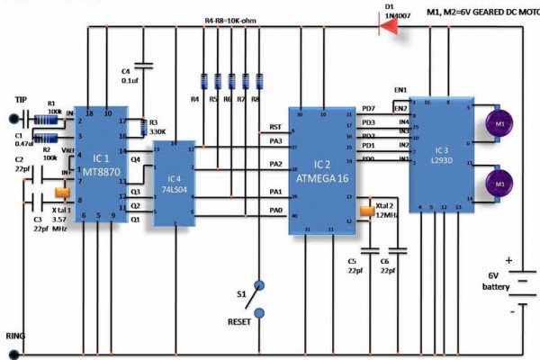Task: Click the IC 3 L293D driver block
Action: (437, 153)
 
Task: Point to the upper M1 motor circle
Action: (497, 123)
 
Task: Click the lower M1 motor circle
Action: (497, 184)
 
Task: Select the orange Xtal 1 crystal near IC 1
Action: (61, 192)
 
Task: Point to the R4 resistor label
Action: (194, 99)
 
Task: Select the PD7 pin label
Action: (367, 108)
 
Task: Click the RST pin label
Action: (275, 128)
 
